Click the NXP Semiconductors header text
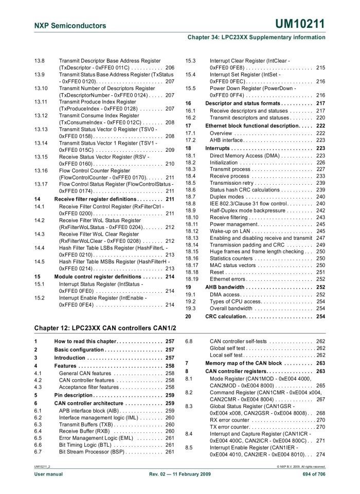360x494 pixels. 70,26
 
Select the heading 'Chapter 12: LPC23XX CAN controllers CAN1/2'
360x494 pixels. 105,328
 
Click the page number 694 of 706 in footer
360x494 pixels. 312,473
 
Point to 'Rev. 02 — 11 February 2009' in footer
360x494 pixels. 180,473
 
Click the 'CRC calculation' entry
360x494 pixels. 225,316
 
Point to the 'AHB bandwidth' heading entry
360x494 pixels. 225,287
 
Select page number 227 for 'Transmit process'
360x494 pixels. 320,169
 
